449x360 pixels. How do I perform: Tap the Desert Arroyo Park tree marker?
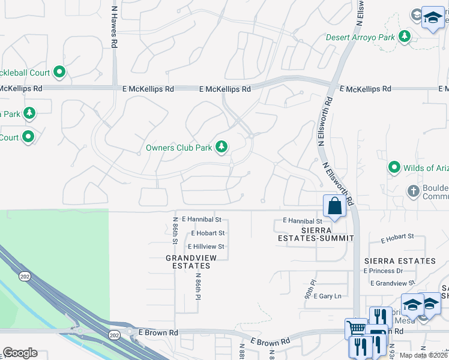pos(405,37)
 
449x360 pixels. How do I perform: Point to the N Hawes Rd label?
pos(114,27)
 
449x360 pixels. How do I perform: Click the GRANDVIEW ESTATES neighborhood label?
pos(191,262)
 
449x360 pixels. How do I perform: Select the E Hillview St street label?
pos(206,247)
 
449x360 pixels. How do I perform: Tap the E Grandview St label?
pos(393,283)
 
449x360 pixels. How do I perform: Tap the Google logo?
pos(20,353)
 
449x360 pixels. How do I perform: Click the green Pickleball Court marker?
pos(59,73)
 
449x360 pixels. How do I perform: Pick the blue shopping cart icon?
pos(355,329)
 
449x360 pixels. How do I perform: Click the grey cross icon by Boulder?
pos(413,191)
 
